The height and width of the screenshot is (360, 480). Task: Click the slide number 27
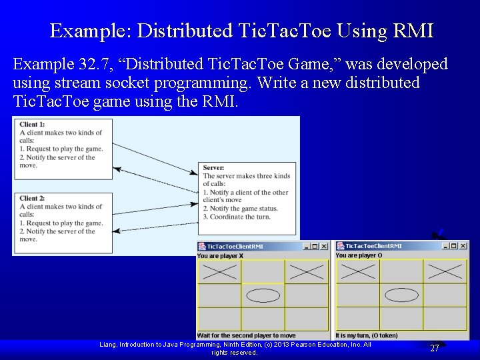point(434,348)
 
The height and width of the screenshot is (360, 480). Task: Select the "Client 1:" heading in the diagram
point(32,125)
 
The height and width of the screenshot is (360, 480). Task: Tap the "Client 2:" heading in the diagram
point(32,199)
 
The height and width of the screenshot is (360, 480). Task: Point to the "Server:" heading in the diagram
point(213,168)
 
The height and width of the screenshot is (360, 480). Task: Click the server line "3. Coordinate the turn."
point(237,217)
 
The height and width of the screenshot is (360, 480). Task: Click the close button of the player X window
point(324,246)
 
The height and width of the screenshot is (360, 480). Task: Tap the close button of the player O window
point(463,246)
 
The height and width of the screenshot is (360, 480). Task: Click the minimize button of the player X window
point(307,246)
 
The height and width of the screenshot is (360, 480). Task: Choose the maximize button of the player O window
point(454,246)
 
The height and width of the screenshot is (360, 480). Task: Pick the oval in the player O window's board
point(401,295)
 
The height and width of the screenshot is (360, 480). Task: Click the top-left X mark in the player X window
point(219,271)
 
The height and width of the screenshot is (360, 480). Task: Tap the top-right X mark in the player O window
point(445,271)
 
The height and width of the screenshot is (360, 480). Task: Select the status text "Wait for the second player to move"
point(246,335)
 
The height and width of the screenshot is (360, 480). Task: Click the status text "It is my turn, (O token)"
point(367,335)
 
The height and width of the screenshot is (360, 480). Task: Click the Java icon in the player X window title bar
point(202,246)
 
